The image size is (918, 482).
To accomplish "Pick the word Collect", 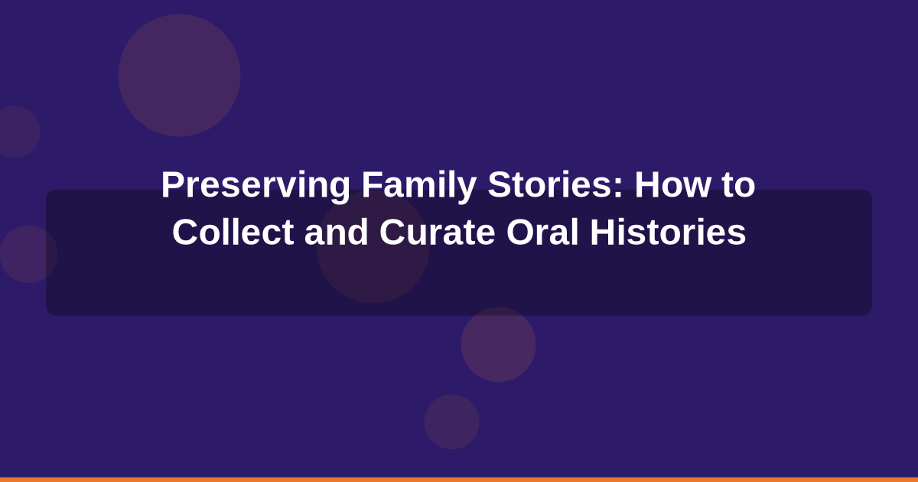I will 233,233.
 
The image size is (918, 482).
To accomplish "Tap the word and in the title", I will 337,233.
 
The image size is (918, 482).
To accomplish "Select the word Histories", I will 668,233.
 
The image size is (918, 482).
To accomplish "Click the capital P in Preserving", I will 171,186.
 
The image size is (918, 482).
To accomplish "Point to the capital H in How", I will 646,186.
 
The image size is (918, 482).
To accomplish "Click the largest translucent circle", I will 179,75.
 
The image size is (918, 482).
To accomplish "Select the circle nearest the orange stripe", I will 451,422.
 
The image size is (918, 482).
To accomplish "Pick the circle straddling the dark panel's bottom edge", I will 498,344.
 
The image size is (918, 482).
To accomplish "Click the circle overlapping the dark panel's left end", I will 28,254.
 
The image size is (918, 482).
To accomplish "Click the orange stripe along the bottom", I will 459,479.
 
